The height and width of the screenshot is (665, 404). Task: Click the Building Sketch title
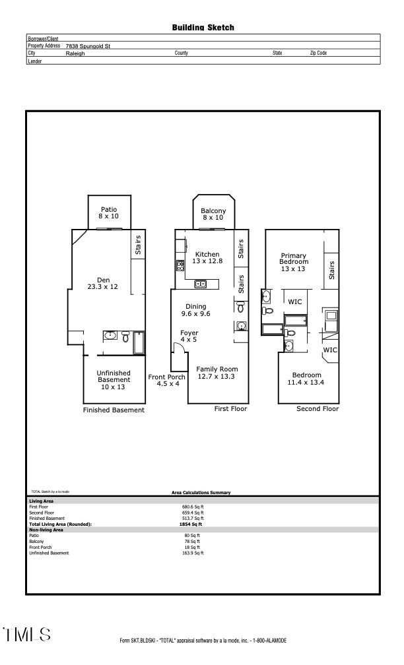pos(203,28)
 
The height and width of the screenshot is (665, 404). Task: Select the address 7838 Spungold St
pos(88,46)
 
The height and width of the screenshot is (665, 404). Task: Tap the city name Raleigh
pos(75,53)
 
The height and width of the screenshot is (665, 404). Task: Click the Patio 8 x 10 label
pos(109,212)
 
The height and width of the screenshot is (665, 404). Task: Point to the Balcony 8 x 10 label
pos(213,214)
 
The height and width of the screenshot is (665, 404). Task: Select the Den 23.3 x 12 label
pos(103,283)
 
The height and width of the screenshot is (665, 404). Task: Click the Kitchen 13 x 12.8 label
pos(207,257)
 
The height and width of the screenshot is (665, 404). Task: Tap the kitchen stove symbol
pos(180,266)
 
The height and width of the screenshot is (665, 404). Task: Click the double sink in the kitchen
pos(200,284)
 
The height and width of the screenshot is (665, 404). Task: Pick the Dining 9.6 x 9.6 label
pos(195,310)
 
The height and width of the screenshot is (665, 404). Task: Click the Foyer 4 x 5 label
pos(189,336)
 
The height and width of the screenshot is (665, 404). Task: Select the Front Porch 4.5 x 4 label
pos(167,380)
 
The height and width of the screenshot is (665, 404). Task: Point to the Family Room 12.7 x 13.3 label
pos(217,373)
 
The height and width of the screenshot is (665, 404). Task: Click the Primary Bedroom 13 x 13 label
pos(293,262)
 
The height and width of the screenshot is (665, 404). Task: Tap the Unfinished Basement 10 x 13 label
pos(114,380)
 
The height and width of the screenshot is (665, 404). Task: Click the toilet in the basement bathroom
pos(125,336)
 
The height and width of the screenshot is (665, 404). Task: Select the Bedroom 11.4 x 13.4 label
pos(306,378)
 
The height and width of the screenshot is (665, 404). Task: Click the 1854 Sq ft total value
pos(191,524)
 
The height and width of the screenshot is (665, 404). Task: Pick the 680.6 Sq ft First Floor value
pos(193,507)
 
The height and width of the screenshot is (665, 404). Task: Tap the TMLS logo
pos(27,635)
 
